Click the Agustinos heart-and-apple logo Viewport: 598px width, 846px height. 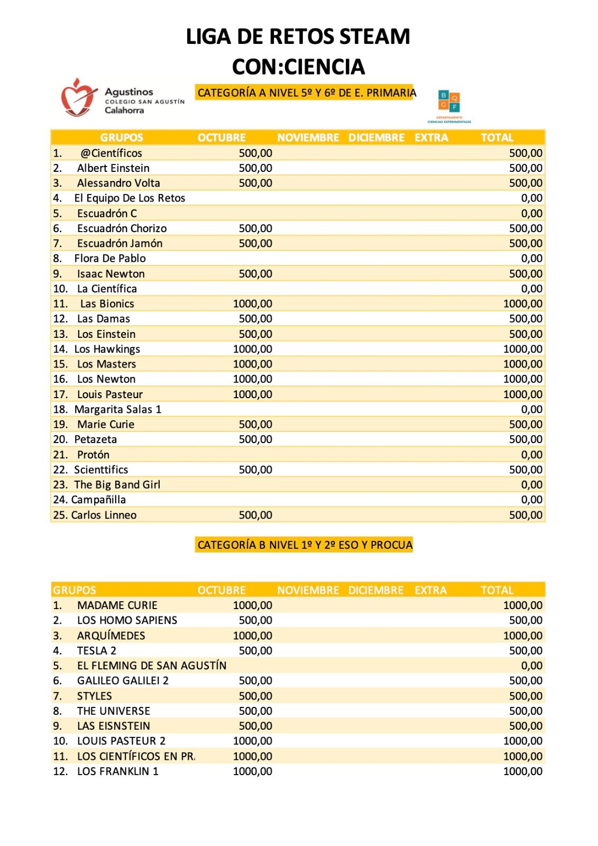click(78, 97)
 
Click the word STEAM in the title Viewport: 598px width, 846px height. click(374, 36)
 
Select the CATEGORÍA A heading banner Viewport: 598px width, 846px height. click(305, 93)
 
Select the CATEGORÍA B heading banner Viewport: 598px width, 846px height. click(304, 545)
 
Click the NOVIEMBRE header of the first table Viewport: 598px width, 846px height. click(308, 138)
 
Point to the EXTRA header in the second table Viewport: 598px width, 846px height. click(430, 591)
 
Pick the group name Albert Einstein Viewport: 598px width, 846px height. click(113, 168)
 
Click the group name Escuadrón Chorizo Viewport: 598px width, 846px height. click(122, 228)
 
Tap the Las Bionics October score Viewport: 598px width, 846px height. click(253, 304)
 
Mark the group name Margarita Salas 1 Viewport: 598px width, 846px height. click(117, 409)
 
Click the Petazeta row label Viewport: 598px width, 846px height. click(95, 439)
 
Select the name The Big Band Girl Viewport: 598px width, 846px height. click(117, 485)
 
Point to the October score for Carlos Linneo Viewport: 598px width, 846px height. click(255, 515)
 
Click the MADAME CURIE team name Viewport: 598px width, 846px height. click(117, 605)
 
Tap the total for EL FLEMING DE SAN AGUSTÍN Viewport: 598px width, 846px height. click(531, 666)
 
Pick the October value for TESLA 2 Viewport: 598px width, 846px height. click(255, 651)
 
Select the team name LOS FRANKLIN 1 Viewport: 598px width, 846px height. click(117, 771)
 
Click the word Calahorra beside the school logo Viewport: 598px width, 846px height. click(124, 111)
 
